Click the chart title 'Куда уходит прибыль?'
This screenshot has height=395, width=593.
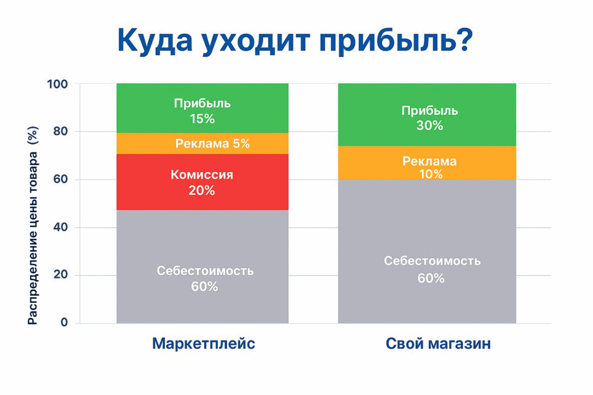(x=295, y=41)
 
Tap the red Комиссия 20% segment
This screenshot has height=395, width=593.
(x=202, y=182)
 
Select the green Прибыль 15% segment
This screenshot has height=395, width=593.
(x=202, y=108)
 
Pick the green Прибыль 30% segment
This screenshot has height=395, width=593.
(x=427, y=114)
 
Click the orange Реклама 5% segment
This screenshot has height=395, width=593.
(x=202, y=144)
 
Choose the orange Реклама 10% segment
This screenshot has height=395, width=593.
(x=427, y=163)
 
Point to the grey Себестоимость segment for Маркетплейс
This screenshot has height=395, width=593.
(x=202, y=267)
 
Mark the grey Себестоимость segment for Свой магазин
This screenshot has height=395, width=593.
(x=427, y=251)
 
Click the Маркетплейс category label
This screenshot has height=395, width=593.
(x=204, y=344)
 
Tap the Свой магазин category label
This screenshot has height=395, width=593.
(x=438, y=344)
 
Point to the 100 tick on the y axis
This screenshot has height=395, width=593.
(x=57, y=84)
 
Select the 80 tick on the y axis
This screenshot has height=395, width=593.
(x=61, y=131)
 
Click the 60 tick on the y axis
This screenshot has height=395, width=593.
(x=61, y=179)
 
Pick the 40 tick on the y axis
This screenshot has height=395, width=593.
(x=61, y=227)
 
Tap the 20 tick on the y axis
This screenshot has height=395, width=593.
(x=61, y=275)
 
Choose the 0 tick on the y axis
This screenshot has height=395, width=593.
(x=65, y=322)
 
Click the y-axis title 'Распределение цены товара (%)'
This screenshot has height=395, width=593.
(x=32, y=225)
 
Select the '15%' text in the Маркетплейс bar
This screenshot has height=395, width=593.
(x=202, y=119)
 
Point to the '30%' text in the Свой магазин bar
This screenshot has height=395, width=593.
(x=430, y=125)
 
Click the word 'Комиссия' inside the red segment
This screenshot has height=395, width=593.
(x=202, y=175)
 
